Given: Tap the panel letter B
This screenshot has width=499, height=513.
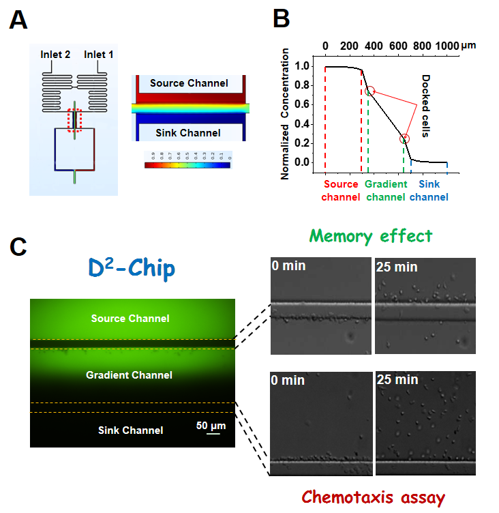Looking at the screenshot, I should [282, 18].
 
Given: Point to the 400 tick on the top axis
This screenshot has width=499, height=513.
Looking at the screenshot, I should [373, 45].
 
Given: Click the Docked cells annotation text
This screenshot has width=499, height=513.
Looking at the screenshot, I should [424, 106].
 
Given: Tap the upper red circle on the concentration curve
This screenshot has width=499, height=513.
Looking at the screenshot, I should [369, 91].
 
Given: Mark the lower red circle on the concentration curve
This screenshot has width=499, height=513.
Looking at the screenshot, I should [405, 138].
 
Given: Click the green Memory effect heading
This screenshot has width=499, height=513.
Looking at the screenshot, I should [369, 236].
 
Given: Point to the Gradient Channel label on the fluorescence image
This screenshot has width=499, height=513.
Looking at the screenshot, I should [129, 375].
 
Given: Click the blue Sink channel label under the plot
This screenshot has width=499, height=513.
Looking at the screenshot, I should [429, 190].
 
